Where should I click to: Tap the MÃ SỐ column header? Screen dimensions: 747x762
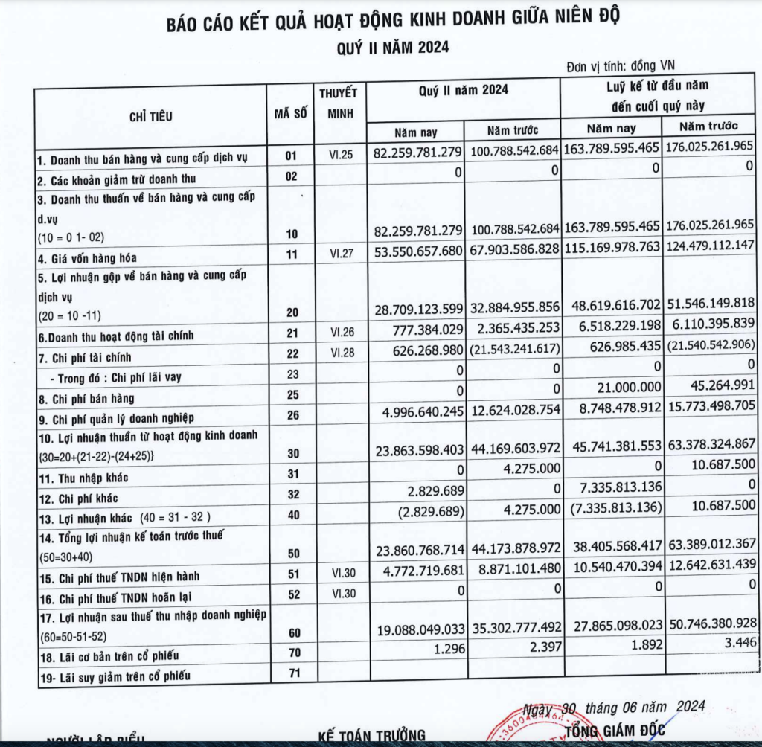(x=290, y=115)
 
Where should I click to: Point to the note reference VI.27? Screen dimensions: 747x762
(x=342, y=254)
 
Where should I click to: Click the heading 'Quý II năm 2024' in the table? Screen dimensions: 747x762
(x=464, y=90)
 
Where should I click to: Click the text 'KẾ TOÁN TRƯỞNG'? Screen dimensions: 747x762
(x=371, y=734)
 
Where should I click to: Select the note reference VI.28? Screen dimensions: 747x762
(x=342, y=353)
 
